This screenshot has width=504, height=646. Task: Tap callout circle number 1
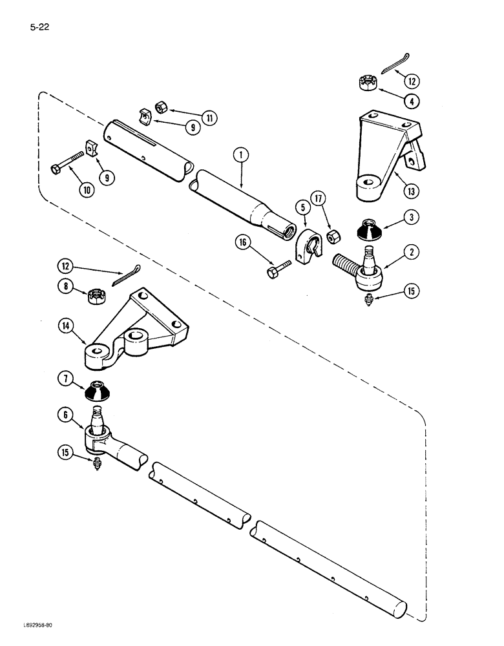tap(240, 155)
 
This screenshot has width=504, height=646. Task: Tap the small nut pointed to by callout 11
tap(162, 106)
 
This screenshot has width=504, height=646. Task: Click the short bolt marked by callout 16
tap(275, 270)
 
